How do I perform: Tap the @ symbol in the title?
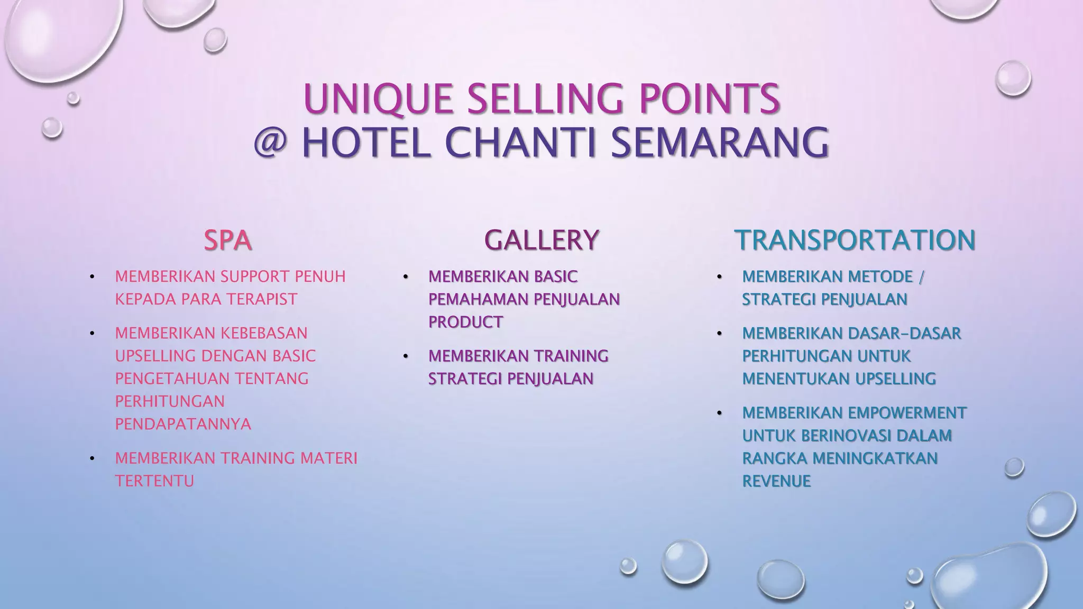pyautogui.click(x=270, y=143)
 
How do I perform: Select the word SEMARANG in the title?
pyautogui.click(x=720, y=143)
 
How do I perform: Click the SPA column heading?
pyautogui.click(x=227, y=241)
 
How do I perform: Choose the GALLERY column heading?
pyautogui.click(x=541, y=241)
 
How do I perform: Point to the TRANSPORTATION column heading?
pyautogui.click(x=855, y=241)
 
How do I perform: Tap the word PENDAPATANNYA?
pyautogui.click(x=183, y=424)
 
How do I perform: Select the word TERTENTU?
pyautogui.click(x=154, y=481)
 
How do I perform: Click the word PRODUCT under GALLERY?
pyautogui.click(x=465, y=322)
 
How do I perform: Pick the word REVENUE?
pyautogui.click(x=776, y=481)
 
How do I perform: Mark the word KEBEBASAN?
pyautogui.click(x=263, y=333)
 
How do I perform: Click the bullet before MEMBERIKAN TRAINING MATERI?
pyautogui.click(x=92, y=458)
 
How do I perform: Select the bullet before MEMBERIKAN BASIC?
pyautogui.click(x=406, y=277)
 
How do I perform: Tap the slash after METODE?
pyautogui.click(x=921, y=276)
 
